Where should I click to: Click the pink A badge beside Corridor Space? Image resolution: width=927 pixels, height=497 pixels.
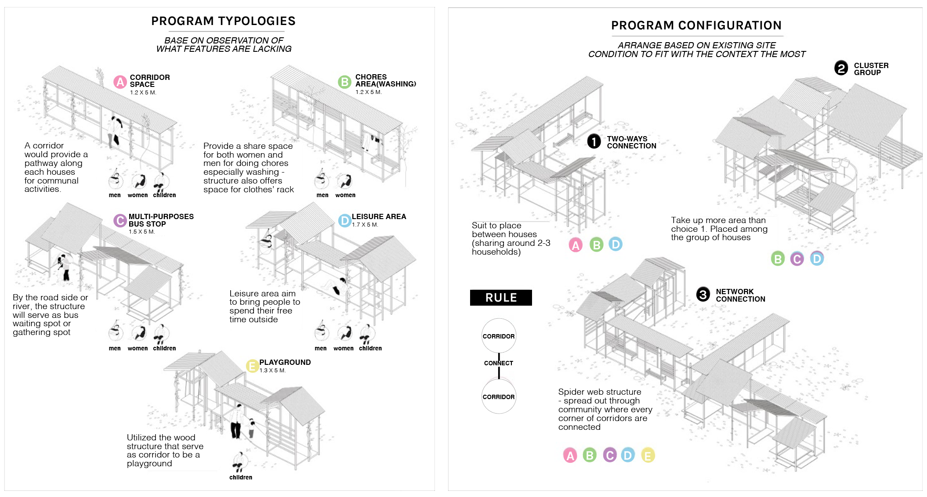point(120,82)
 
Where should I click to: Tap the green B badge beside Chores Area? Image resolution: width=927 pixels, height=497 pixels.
point(344,82)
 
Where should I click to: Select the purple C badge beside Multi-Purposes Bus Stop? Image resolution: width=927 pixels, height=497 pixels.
point(120,220)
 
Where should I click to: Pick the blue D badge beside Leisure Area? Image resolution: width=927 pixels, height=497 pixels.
point(344,220)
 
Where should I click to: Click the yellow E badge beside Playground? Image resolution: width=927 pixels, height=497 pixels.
point(252,366)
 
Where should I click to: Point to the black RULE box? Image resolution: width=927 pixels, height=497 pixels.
point(501,298)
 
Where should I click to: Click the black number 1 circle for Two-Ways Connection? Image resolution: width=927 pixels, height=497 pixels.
point(594,141)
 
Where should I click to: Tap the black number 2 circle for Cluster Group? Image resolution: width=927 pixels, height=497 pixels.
point(841,68)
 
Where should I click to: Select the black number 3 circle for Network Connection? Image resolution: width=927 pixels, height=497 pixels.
point(703,294)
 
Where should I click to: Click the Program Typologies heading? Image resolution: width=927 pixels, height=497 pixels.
point(223,21)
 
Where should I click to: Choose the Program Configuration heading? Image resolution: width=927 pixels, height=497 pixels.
point(696,25)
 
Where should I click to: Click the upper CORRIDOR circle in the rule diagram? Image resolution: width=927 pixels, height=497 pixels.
point(499,336)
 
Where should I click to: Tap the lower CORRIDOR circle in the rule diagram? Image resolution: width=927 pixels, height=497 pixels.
point(499,396)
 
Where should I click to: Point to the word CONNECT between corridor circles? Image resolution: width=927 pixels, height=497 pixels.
point(499,363)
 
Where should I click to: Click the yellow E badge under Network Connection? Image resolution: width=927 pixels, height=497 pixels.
point(648,455)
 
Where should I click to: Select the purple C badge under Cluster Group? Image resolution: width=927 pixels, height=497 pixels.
point(797,259)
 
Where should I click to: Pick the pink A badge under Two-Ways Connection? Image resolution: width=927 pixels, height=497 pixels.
point(576,245)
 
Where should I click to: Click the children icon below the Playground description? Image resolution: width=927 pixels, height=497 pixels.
point(239,462)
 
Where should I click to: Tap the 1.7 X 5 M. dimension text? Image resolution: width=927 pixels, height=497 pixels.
point(365,225)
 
